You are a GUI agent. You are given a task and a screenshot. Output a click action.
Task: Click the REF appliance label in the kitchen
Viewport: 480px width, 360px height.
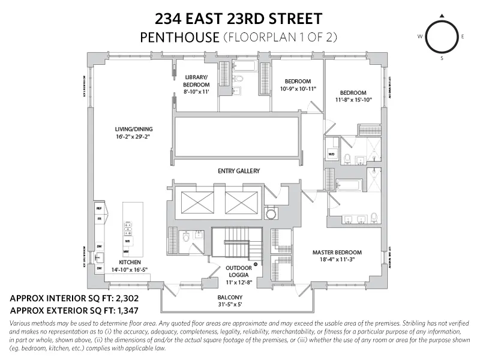[x=99, y=208]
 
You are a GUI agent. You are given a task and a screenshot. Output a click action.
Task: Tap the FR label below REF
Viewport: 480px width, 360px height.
[x=99, y=219]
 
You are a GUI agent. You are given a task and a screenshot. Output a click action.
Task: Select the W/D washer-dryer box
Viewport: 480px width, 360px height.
[x=331, y=154]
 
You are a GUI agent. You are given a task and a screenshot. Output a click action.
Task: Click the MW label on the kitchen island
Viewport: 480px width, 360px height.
[x=127, y=251]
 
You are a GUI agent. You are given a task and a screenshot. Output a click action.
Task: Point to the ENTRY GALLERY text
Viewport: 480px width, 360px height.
[x=238, y=171]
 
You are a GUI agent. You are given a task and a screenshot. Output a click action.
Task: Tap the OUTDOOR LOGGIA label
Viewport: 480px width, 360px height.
[x=239, y=272]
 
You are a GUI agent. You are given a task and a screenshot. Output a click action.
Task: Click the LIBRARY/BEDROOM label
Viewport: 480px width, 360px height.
[x=196, y=81]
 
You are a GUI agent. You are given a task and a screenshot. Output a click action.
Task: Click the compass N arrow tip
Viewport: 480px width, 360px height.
[x=442, y=16]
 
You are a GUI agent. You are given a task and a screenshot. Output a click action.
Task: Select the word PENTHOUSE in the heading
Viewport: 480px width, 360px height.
[x=179, y=37]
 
